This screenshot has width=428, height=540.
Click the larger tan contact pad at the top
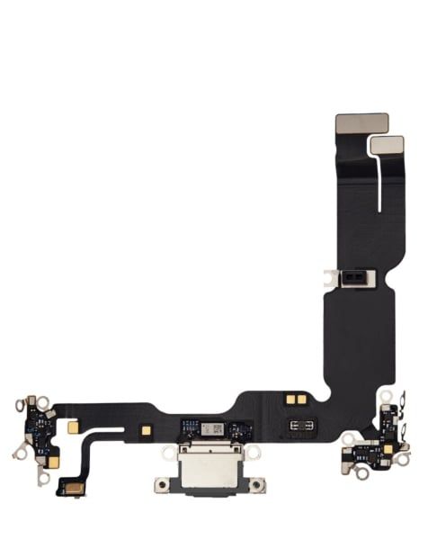click(x=361, y=123)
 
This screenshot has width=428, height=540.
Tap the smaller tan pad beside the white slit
click(x=384, y=144)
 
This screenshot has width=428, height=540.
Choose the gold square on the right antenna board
click(x=388, y=447)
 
